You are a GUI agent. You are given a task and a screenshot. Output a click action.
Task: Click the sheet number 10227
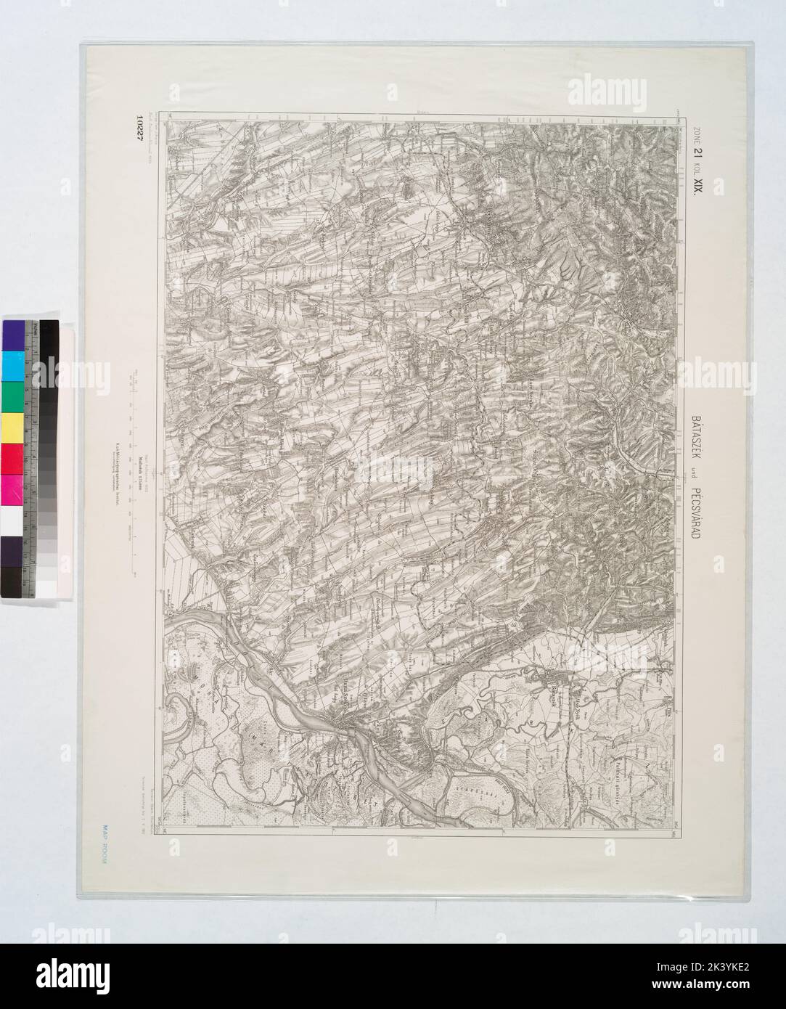tap(137, 131)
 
